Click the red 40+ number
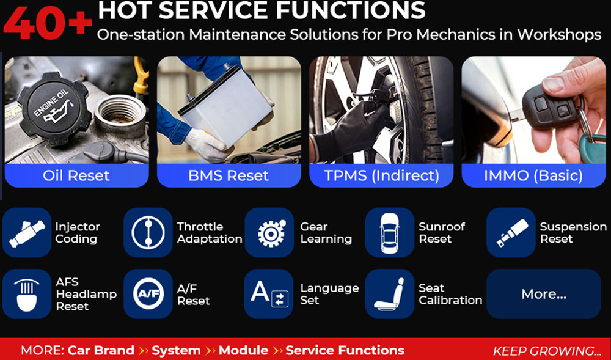pos(48,23)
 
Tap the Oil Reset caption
pos(76,175)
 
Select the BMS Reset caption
pos(229,175)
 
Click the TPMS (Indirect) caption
pos(381,176)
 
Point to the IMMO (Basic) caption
pos(533,176)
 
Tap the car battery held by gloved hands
pos(225,106)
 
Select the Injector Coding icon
pos(27,233)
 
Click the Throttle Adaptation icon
pos(148,233)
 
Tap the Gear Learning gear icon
pos(269,233)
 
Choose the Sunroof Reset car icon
pos(390,233)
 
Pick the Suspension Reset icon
pos(511,233)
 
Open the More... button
pos(544,294)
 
